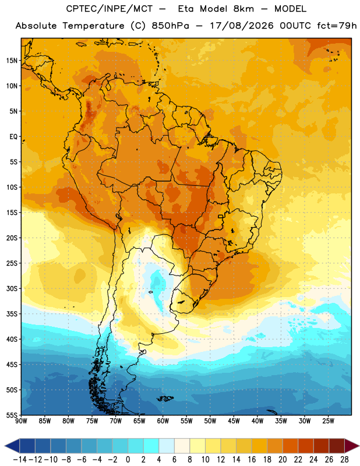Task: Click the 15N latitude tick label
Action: coord(12,61)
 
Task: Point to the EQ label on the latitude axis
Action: coord(13,137)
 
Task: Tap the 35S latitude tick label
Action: coord(12,314)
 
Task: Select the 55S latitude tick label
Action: coord(12,415)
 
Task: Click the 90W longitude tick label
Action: coord(21,421)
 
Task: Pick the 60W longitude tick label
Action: coord(163,421)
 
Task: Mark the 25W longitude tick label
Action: coord(329,421)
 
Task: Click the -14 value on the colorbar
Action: coord(20,460)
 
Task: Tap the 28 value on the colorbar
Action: coord(344,460)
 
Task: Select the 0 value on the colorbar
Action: coord(128,460)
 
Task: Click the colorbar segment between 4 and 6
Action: coord(167,446)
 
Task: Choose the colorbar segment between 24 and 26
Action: coord(322,446)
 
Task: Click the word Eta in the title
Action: coord(186,9)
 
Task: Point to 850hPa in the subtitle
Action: coord(170,26)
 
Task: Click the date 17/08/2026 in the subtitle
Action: coord(242,26)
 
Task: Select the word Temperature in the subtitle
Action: coord(94,26)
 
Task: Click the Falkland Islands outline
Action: coord(165,398)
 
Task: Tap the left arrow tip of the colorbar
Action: coord(5,446)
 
